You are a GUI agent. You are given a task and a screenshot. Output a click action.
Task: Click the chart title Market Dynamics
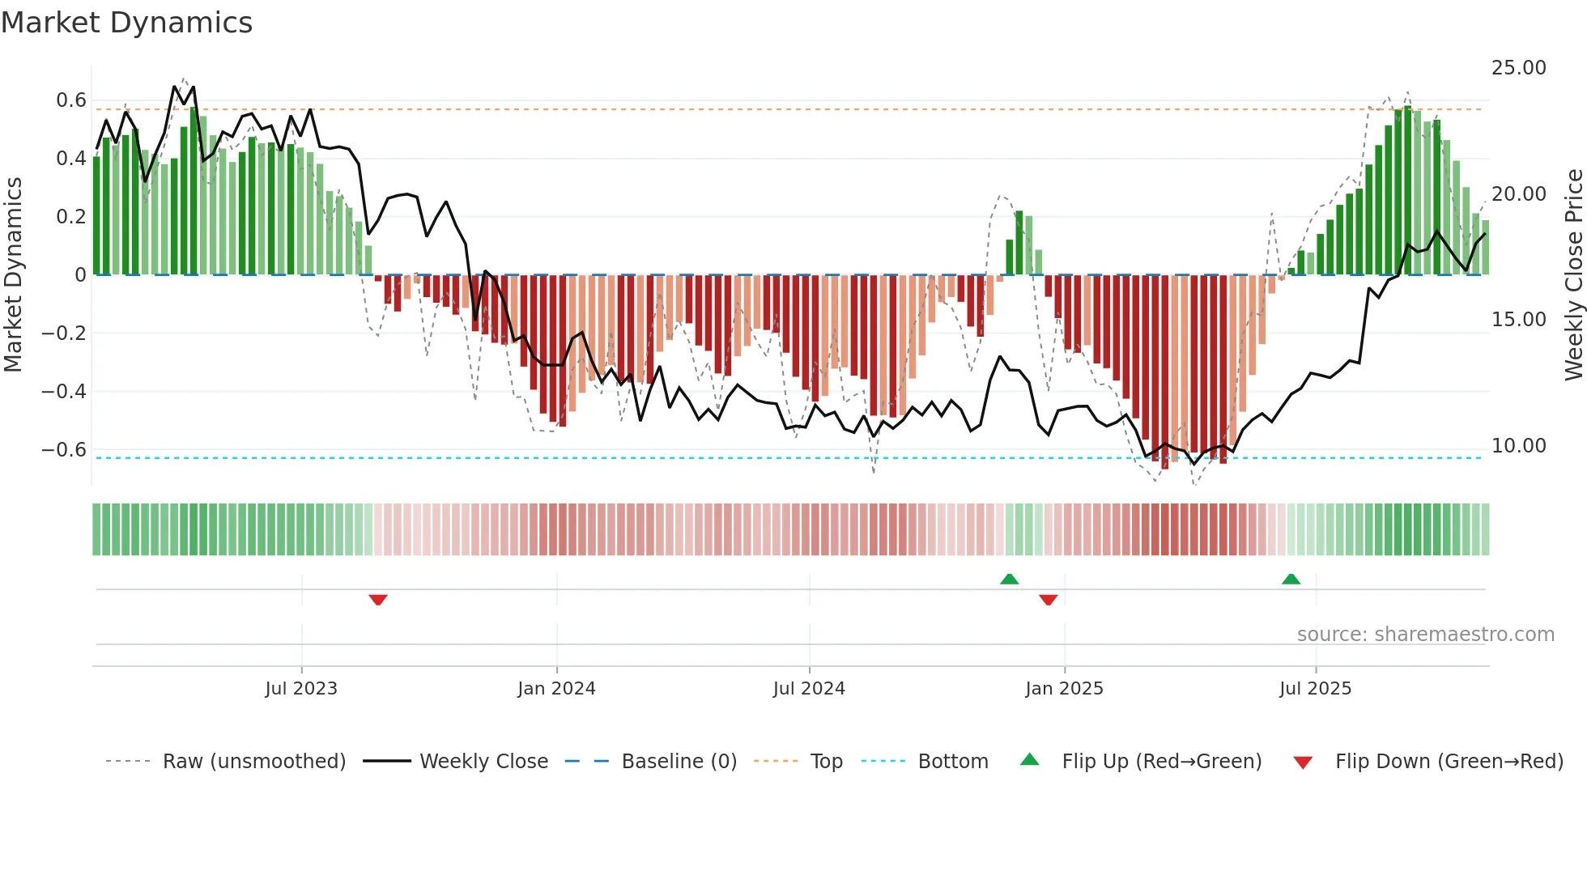(x=126, y=23)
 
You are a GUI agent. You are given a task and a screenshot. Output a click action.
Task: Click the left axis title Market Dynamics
(x=13, y=275)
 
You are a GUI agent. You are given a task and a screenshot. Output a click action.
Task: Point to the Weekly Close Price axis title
(x=1573, y=275)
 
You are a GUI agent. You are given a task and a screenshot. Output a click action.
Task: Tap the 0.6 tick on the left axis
(x=70, y=100)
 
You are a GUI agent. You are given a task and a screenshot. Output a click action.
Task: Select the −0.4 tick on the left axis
(x=63, y=392)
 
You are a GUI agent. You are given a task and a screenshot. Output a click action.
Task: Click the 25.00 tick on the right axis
(x=1518, y=68)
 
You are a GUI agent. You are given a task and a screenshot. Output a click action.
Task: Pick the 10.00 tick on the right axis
(x=1518, y=446)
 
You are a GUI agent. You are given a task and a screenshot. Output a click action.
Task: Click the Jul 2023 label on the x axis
(x=301, y=689)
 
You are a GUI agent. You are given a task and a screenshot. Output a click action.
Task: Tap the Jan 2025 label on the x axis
(x=1064, y=689)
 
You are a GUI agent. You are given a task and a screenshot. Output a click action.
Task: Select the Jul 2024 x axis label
(x=809, y=689)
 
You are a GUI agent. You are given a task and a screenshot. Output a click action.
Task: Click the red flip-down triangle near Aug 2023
(x=378, y=600)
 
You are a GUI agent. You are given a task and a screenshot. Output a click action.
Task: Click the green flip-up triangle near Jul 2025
(x=1291, y=579)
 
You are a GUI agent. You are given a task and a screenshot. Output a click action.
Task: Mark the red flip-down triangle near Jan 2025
(x=1048, y=600)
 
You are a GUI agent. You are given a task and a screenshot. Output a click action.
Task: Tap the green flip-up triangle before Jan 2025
(x=1009, y=579)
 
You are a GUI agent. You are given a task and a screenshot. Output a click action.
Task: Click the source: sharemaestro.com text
(x=1425, y=635)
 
